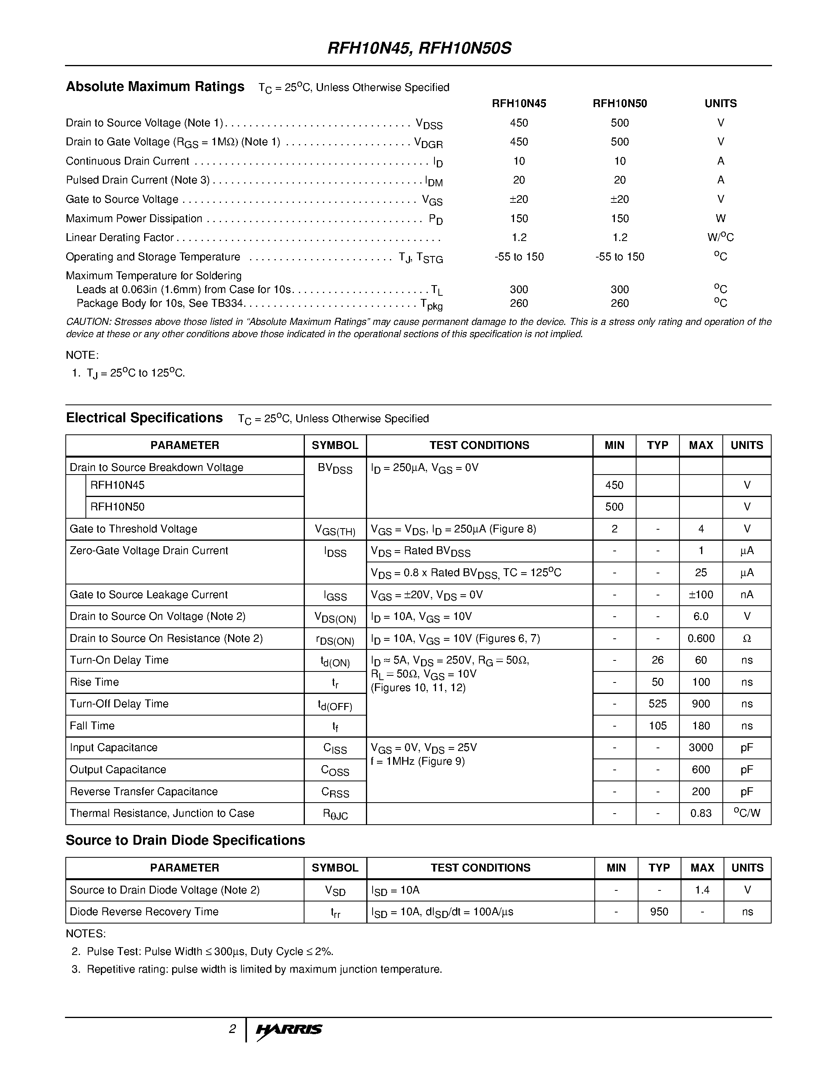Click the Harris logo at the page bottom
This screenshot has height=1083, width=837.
click(x=289, y=1029)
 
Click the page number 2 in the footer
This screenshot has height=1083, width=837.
click(x=232, y=1029)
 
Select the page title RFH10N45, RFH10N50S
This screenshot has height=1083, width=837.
click(x=419, y=48)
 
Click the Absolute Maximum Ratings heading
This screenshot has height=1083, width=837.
click(x=155, y=87)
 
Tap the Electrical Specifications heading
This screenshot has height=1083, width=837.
click(x=144, y=418)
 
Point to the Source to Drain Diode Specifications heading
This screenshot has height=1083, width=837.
click(x=186, y=840)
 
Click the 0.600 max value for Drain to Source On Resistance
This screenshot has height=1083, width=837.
click(x=701, y=638)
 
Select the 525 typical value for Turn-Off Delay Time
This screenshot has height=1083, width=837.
click(x=657, y=704)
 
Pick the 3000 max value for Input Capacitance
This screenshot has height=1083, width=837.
click(x=701, y=747)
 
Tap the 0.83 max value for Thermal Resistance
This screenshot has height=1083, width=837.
click(x=701, y=813)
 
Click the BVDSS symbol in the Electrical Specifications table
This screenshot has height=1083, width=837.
click(x=335, y=468)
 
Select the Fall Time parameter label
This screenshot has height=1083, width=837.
click(x=92, y=725)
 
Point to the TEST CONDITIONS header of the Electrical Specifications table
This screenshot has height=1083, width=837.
click(x=479, y=445)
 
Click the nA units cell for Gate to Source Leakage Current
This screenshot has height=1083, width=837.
click(x=747, y=595)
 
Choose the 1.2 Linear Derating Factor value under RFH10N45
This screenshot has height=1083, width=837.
click(x=519, y=237)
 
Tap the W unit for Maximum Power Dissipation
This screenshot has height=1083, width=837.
click(x=720, y=218)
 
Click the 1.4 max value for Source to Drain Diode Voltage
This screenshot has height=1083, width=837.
click(x=702, y=890)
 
